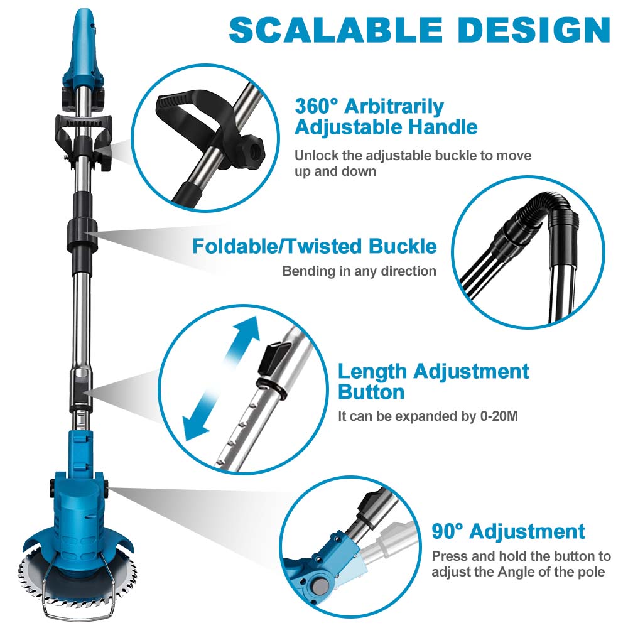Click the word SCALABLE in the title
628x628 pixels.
(x=335, y=30)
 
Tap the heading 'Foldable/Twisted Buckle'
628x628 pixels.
(x=315, y=246)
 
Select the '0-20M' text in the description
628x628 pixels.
(x=499, y=416)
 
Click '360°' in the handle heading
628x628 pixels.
(x=317, y=106)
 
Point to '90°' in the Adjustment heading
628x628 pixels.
(x=447, y=531)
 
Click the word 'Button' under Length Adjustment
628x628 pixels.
(x=371, y=392)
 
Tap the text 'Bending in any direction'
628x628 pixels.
(x=359, y=271)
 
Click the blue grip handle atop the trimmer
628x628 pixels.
(x=83, y=48)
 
